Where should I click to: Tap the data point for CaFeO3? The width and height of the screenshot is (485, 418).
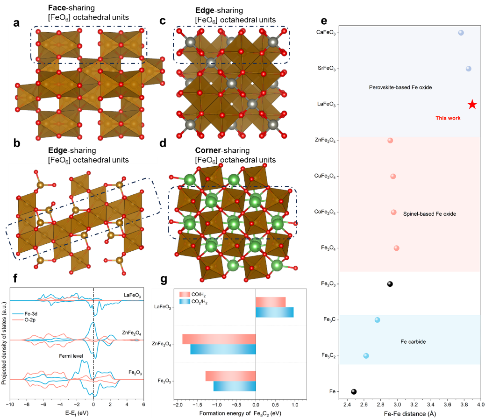click(461, 33)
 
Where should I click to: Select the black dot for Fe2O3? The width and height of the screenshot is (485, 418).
click(390, 284)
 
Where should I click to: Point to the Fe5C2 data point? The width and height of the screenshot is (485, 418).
click(366, 356)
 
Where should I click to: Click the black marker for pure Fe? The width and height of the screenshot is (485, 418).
click(354, 391)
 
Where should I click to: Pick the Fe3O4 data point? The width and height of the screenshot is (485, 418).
click(397, 248)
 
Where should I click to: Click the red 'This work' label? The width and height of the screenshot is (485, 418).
click(448, 118)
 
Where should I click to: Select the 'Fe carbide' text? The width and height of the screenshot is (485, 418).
click(414, 342)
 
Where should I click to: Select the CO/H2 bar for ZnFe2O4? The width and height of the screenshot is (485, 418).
click(219, 339)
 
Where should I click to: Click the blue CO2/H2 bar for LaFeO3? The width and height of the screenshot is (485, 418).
click(274, 312)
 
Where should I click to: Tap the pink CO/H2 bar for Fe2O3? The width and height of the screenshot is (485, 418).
click(230, 375)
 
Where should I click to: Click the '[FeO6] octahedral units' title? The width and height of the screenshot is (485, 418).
click(235, 160)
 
